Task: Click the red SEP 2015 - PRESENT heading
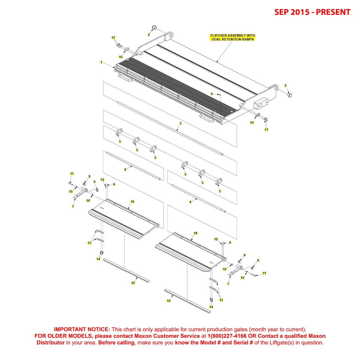(x=312, y=12)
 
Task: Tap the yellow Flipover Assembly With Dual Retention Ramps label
(x=233, y=37)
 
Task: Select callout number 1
(x=101, y=62)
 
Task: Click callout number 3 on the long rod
(x=180, y=123)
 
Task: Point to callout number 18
(x=132, y=202)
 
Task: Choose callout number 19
(x=195, y=233)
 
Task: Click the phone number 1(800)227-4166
(x=227, y=336)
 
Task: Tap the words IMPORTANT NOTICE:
(x=82, y=329)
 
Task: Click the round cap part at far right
(x=289, y=95)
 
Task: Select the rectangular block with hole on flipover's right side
(x=261, y=104)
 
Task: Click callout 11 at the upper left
(x=72, y=174)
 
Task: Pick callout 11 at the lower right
(x=264, y=273)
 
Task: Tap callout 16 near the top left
(x=120, y=57)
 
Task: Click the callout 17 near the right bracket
(x=266, y=130)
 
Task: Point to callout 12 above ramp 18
(x=102, y=180)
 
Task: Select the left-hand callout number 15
(x=133, y=283)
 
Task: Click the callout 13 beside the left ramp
(x=89, y=243)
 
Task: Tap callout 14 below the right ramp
(x=211, y=307)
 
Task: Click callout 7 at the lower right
(x=228, y=284)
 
